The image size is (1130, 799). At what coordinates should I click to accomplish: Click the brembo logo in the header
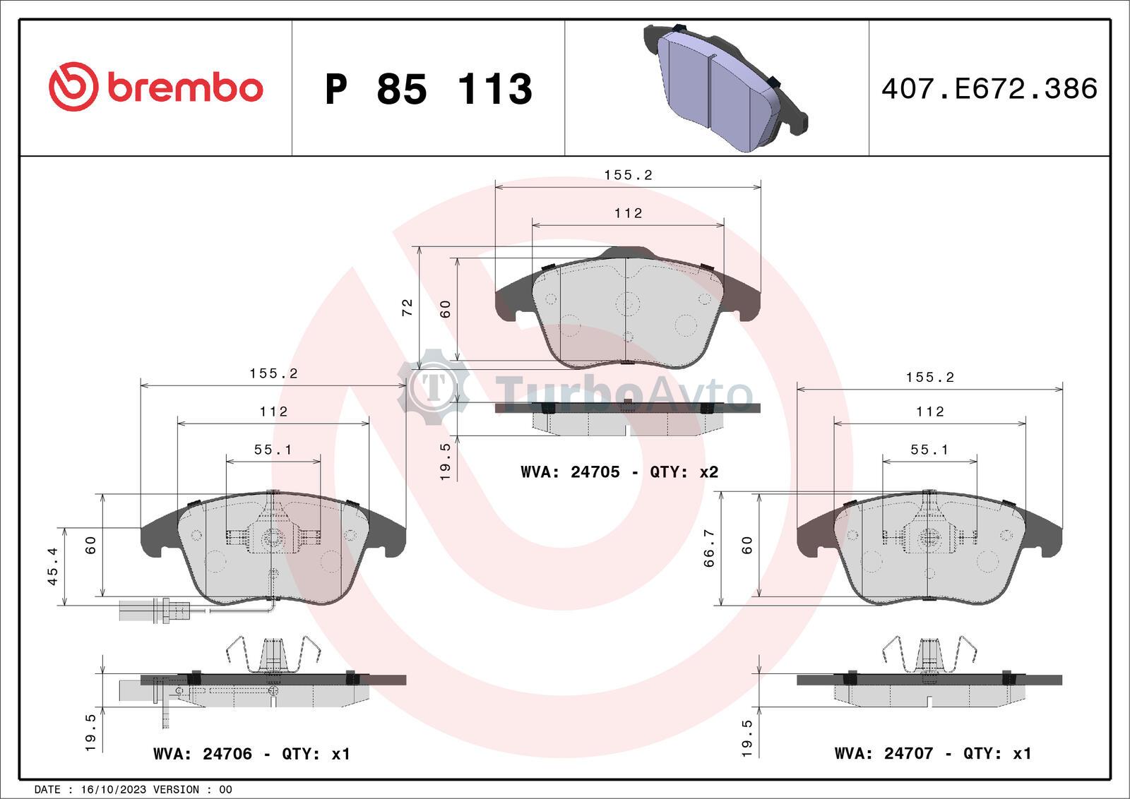pos(155,87)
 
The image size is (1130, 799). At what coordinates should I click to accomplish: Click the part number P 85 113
pos(428,89)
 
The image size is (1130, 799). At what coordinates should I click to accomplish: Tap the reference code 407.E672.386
pos(989,89)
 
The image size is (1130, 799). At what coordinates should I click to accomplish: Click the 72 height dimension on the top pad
pos(408,307)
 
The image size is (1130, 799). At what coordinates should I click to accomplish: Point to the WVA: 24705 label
pos(570,472)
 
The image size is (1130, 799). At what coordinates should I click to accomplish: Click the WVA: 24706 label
pos(203,754)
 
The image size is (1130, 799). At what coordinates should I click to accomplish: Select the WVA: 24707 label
pos(884,754)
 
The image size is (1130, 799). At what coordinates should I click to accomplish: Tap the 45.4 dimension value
pos(52,566)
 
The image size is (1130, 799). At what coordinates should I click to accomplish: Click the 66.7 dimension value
pos(710,548)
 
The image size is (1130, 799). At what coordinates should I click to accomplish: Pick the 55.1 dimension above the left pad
pos(273,450)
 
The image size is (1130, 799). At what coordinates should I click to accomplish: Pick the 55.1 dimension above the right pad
pos(929,450)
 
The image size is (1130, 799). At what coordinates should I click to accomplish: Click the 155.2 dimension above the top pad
pos(628,175)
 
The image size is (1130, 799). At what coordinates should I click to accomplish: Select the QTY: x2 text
pos(684,472)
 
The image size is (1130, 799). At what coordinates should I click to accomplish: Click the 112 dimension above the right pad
pos(929,411)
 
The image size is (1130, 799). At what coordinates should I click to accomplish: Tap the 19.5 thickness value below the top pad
pos(446,462)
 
